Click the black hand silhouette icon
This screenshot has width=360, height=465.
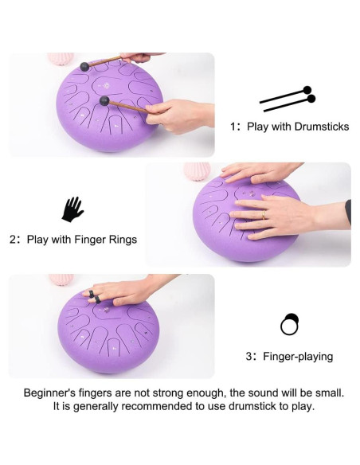(72, 209)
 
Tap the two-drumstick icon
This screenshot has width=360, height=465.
(288, 99)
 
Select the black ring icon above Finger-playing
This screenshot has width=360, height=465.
(290, 324)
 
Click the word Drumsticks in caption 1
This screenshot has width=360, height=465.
(322, 127)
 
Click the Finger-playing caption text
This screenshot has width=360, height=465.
(298, 356)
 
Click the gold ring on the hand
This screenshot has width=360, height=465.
(264, 215)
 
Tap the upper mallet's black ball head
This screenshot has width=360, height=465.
(84, 67)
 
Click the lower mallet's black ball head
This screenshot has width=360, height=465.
(104, 101)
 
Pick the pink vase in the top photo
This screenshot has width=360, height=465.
(61, 58)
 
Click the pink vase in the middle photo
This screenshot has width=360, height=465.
(197, 171)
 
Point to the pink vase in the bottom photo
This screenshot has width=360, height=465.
(61, 279)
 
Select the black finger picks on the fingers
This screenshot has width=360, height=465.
(95, 297)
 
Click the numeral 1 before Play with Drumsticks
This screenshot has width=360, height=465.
(233, 127)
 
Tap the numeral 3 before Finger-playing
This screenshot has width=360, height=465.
(248, 356)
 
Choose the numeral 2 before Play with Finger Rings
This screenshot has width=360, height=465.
(13, 240)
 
